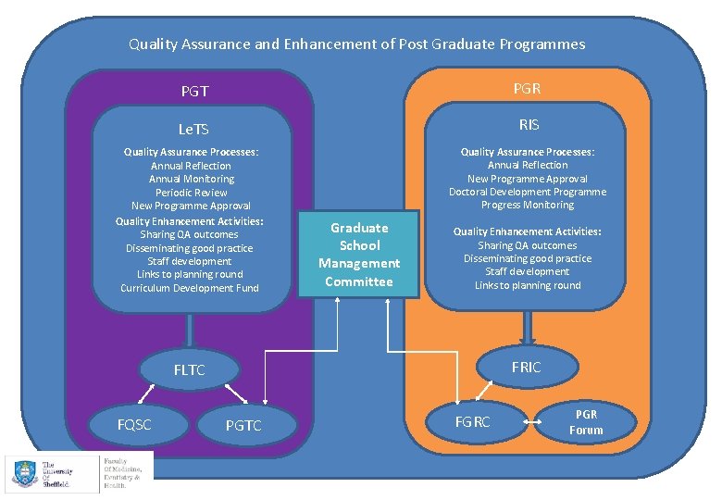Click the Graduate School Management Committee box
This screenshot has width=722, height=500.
pyautogui.click(x=359, y=255)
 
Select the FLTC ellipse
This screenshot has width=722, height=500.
pyautogui.click(x=189, y=370)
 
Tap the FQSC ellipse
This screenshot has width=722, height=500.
pyautogui.click(x=134, y=425)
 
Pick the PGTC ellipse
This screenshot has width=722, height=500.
pyautogui.click(x=243, y=425)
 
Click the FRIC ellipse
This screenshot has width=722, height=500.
pyautogui.click(x=526, y=368)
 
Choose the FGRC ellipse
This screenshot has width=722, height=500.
pyautogui.click(x=473, y=421)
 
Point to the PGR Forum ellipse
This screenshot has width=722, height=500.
pyautogui.click(x=586, y=422)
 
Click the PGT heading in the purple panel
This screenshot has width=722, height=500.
pyautogui.click(x=194, y=92)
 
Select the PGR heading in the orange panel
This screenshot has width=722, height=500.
pyautogui.click(x=527, y=88)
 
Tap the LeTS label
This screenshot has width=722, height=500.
pyautogui.click(x=194, y=130)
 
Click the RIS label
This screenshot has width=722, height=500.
pyautogui.click(x=529, y=124)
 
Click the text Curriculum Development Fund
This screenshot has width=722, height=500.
pyautogui.click(x=190, y=288)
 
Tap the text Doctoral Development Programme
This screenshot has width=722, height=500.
pyautogui.click(x=528, y=192)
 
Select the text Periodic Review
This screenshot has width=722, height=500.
pyautogui.click(x=191, y=193)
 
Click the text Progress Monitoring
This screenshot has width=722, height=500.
pyautogui.click(x=528, y=205)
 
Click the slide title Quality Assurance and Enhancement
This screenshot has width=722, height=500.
pyautogui.click(x=356, y=44)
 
